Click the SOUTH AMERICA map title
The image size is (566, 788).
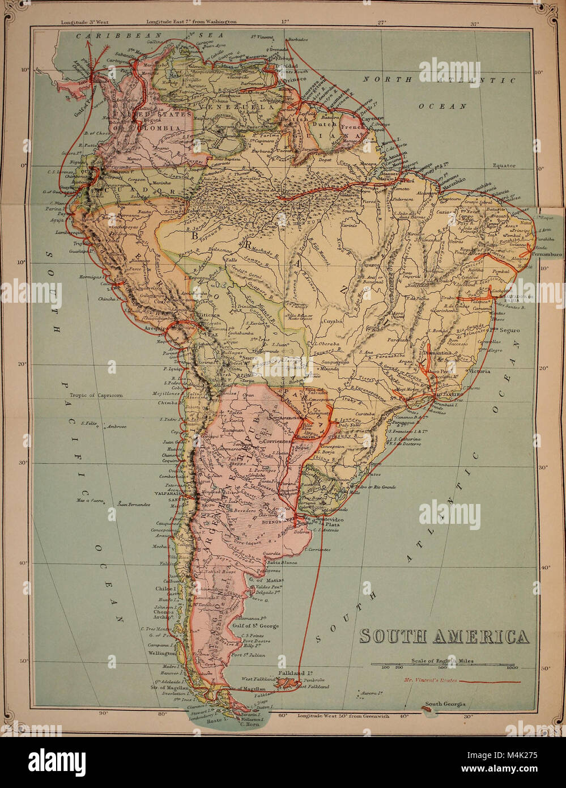click(445, 637)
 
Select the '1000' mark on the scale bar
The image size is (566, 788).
click(512, 668)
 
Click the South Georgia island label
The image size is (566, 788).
click(445, 704)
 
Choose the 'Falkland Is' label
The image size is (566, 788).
click(293, 673)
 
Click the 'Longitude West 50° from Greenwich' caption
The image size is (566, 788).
click(343, 715)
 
